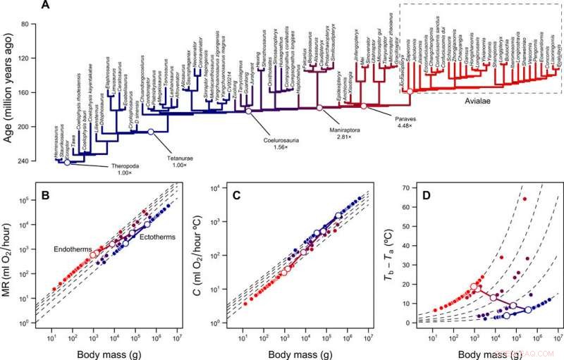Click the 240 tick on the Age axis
(31, 161)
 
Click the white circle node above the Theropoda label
(66, 163)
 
